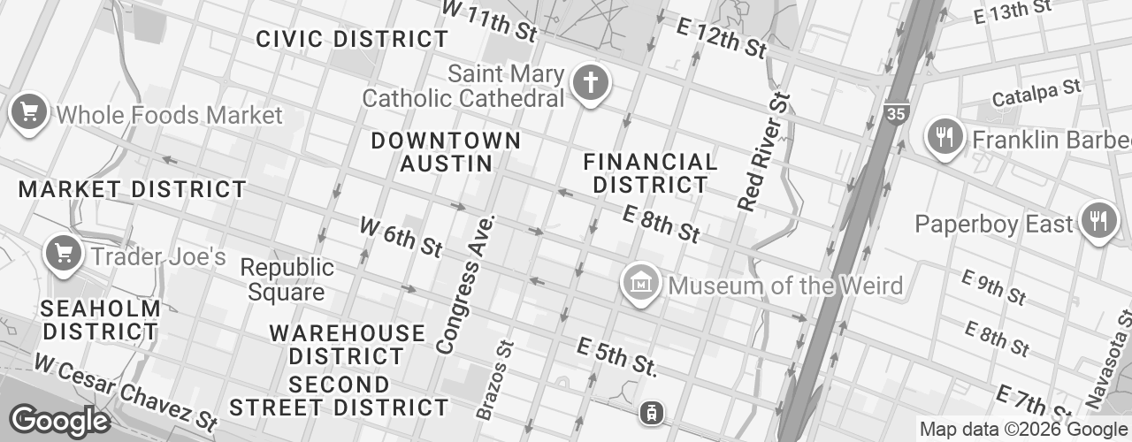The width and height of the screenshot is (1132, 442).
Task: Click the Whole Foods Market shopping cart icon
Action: coord(29,112)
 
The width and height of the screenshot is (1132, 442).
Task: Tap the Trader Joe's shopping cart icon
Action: coord(63,255)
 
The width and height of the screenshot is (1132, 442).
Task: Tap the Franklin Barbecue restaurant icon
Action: coord(945,137)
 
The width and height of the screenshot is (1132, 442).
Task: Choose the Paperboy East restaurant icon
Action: coord(1099,220)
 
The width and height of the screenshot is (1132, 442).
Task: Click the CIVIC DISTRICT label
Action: coord(352,39)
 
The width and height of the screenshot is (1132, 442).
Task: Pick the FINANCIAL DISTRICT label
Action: coord(650,173)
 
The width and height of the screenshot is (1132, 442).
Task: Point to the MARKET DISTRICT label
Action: coord(133,189)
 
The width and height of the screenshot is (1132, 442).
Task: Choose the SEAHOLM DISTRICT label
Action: coord(102,320)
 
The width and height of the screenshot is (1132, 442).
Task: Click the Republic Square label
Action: coord(287,279)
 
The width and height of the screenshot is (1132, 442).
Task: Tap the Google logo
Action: coord(59,421)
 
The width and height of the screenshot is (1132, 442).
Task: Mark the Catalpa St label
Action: coord(1036,92)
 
